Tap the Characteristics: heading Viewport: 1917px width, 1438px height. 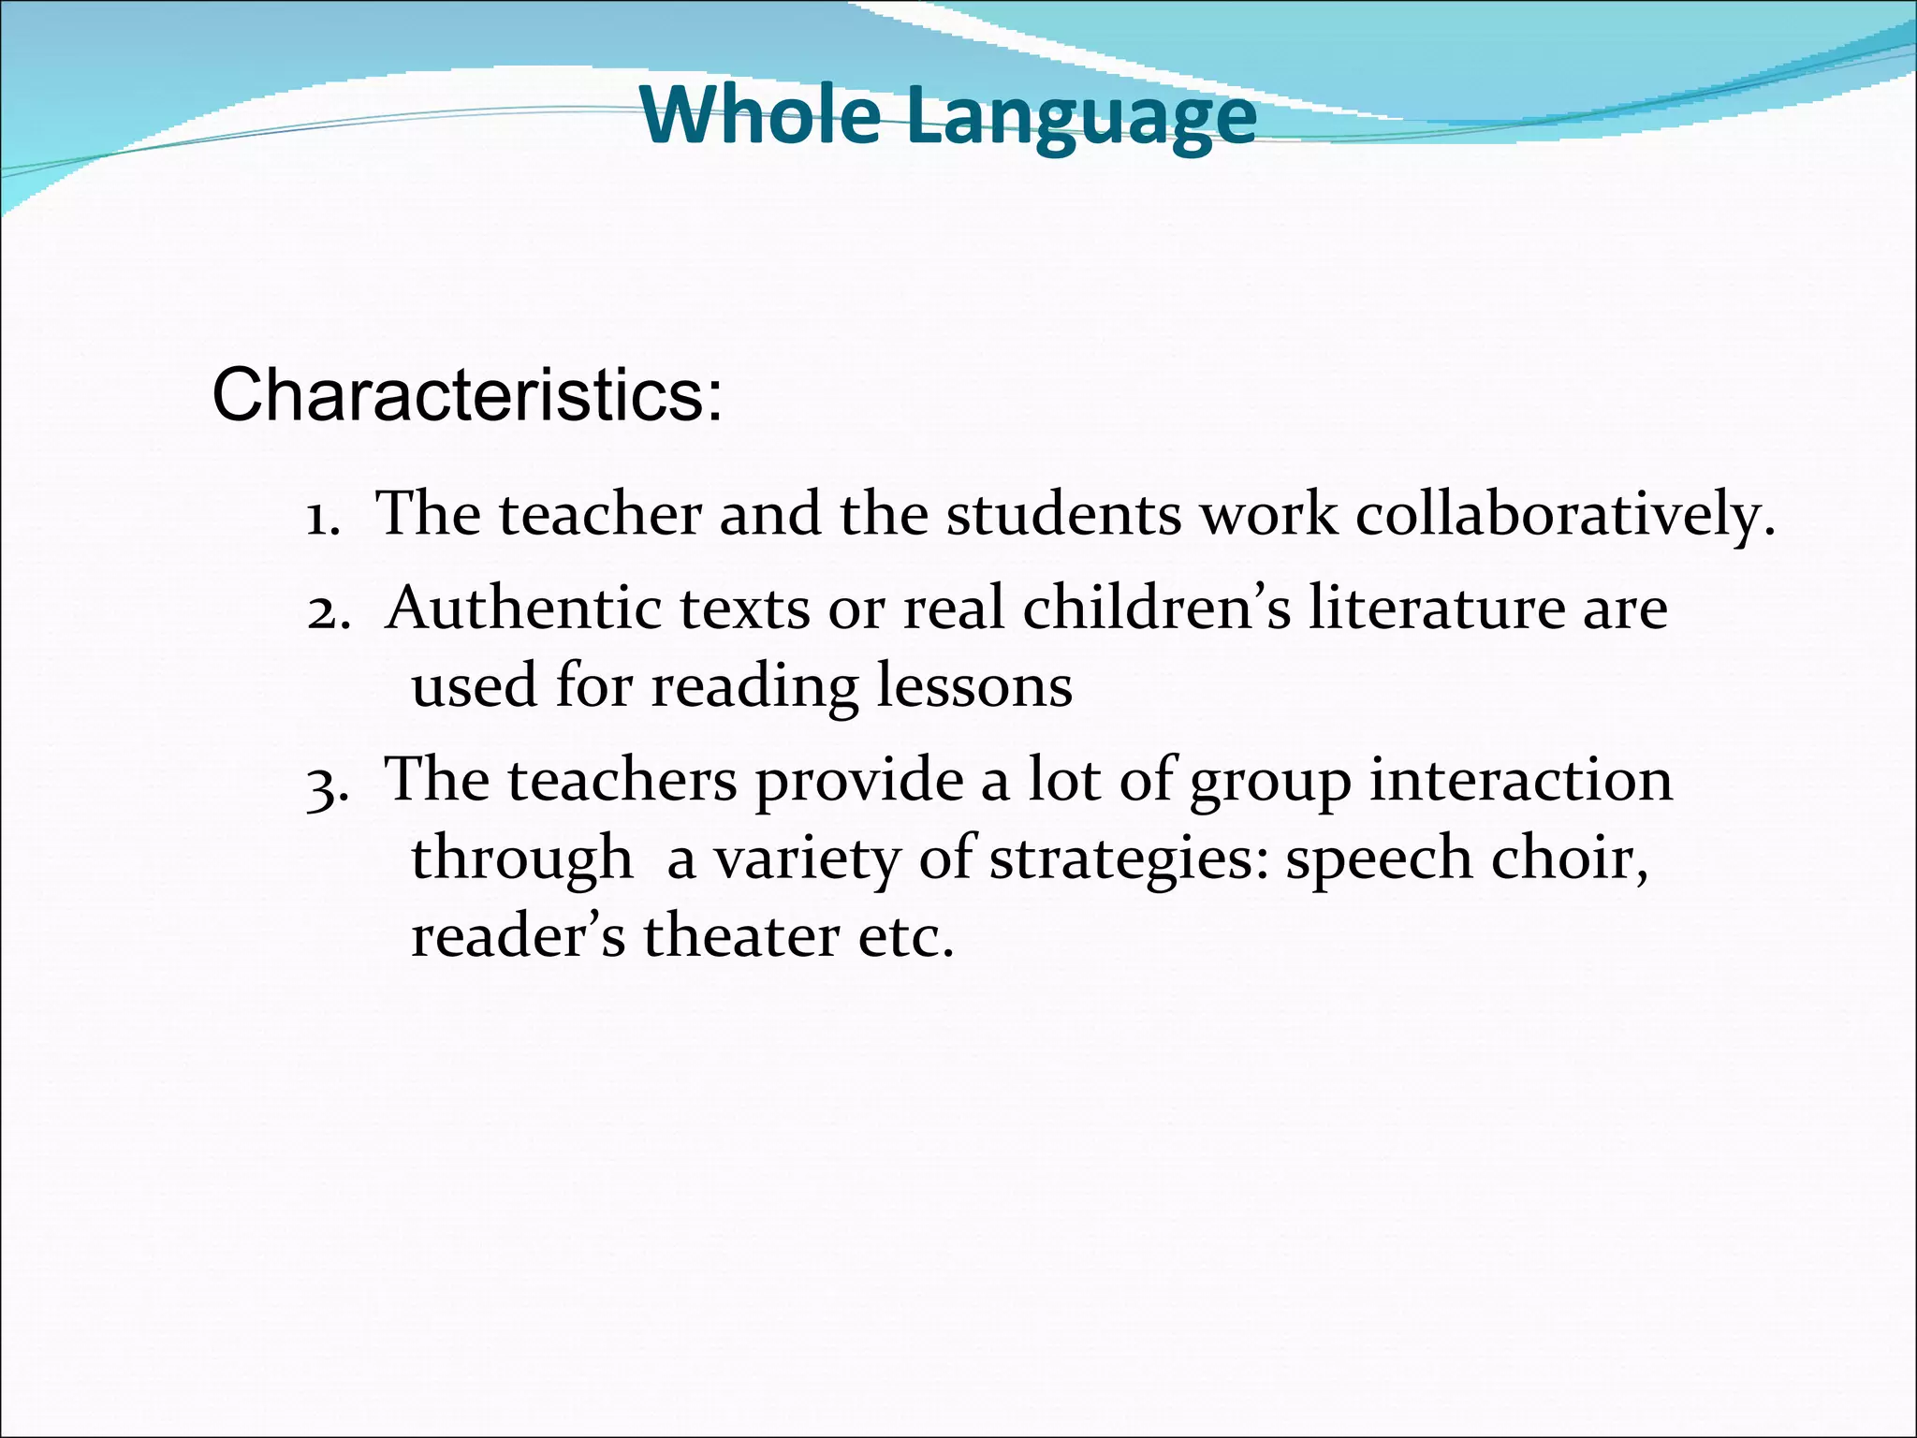click(467, 395)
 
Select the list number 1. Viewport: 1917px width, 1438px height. click(321, 518)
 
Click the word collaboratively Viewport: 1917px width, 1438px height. click(1564, 516)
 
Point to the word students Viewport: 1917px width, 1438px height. click(1063, 516)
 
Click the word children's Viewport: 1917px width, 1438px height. click(1157, 609)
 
